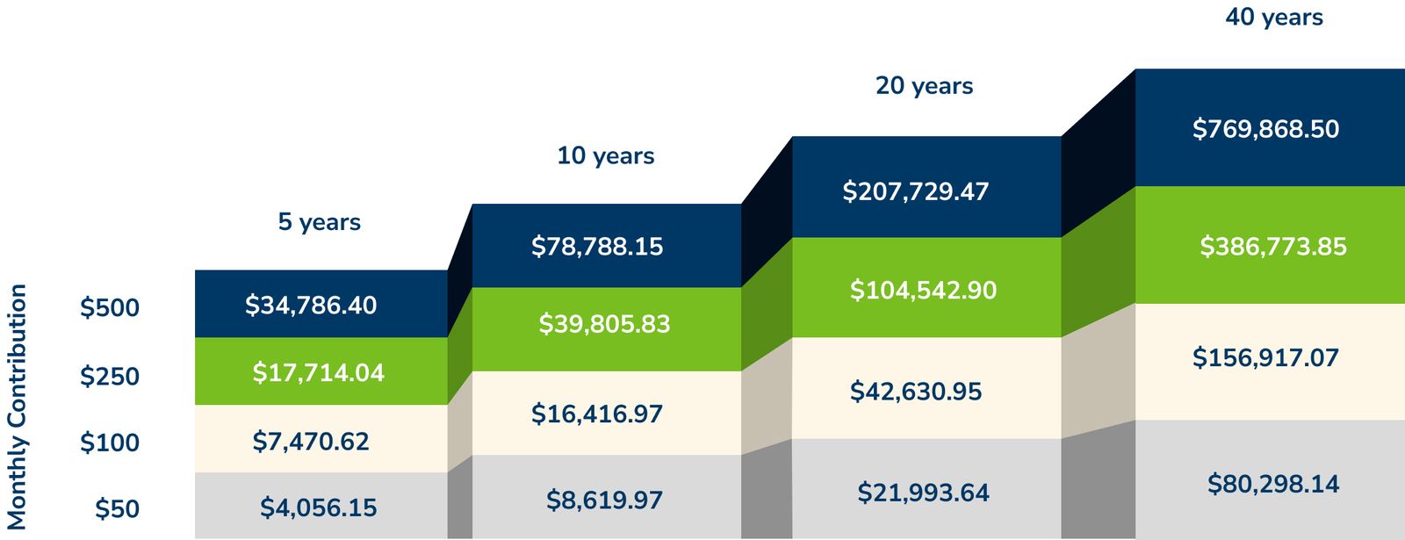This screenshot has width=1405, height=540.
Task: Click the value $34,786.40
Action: click(311, 306)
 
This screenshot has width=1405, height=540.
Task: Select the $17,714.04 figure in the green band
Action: click(319, 373)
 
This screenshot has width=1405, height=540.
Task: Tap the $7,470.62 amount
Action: click(311, 441)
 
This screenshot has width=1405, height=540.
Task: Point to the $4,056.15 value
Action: click(319, 508)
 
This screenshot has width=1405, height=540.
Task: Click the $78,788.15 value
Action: click(597, 247)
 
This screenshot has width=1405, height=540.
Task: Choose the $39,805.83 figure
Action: click(604, 325)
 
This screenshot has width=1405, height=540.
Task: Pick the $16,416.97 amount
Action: click(597, 414)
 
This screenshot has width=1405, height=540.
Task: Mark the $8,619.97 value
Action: click(604, 500)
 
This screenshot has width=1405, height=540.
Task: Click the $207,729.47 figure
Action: click(916, 191)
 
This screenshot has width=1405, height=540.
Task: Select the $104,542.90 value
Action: click(923, 291)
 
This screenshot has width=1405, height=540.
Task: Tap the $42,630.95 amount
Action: click(916, 392)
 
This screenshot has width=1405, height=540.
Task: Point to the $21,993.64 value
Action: click(923, 493)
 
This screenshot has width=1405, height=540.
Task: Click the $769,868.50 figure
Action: click(1265, 130)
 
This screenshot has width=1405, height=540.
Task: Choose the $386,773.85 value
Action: click(1273, 247)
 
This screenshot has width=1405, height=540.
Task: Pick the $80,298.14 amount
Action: click(1273, 484)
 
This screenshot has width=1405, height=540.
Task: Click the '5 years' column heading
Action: click(320, 222)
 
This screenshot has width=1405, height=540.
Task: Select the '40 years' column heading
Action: click(1274, 18)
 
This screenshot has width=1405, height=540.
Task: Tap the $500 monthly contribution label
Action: click(110, 308)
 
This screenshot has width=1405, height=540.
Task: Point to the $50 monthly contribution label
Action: click(117, 509)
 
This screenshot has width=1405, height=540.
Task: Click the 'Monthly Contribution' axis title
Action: click(17, 406)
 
